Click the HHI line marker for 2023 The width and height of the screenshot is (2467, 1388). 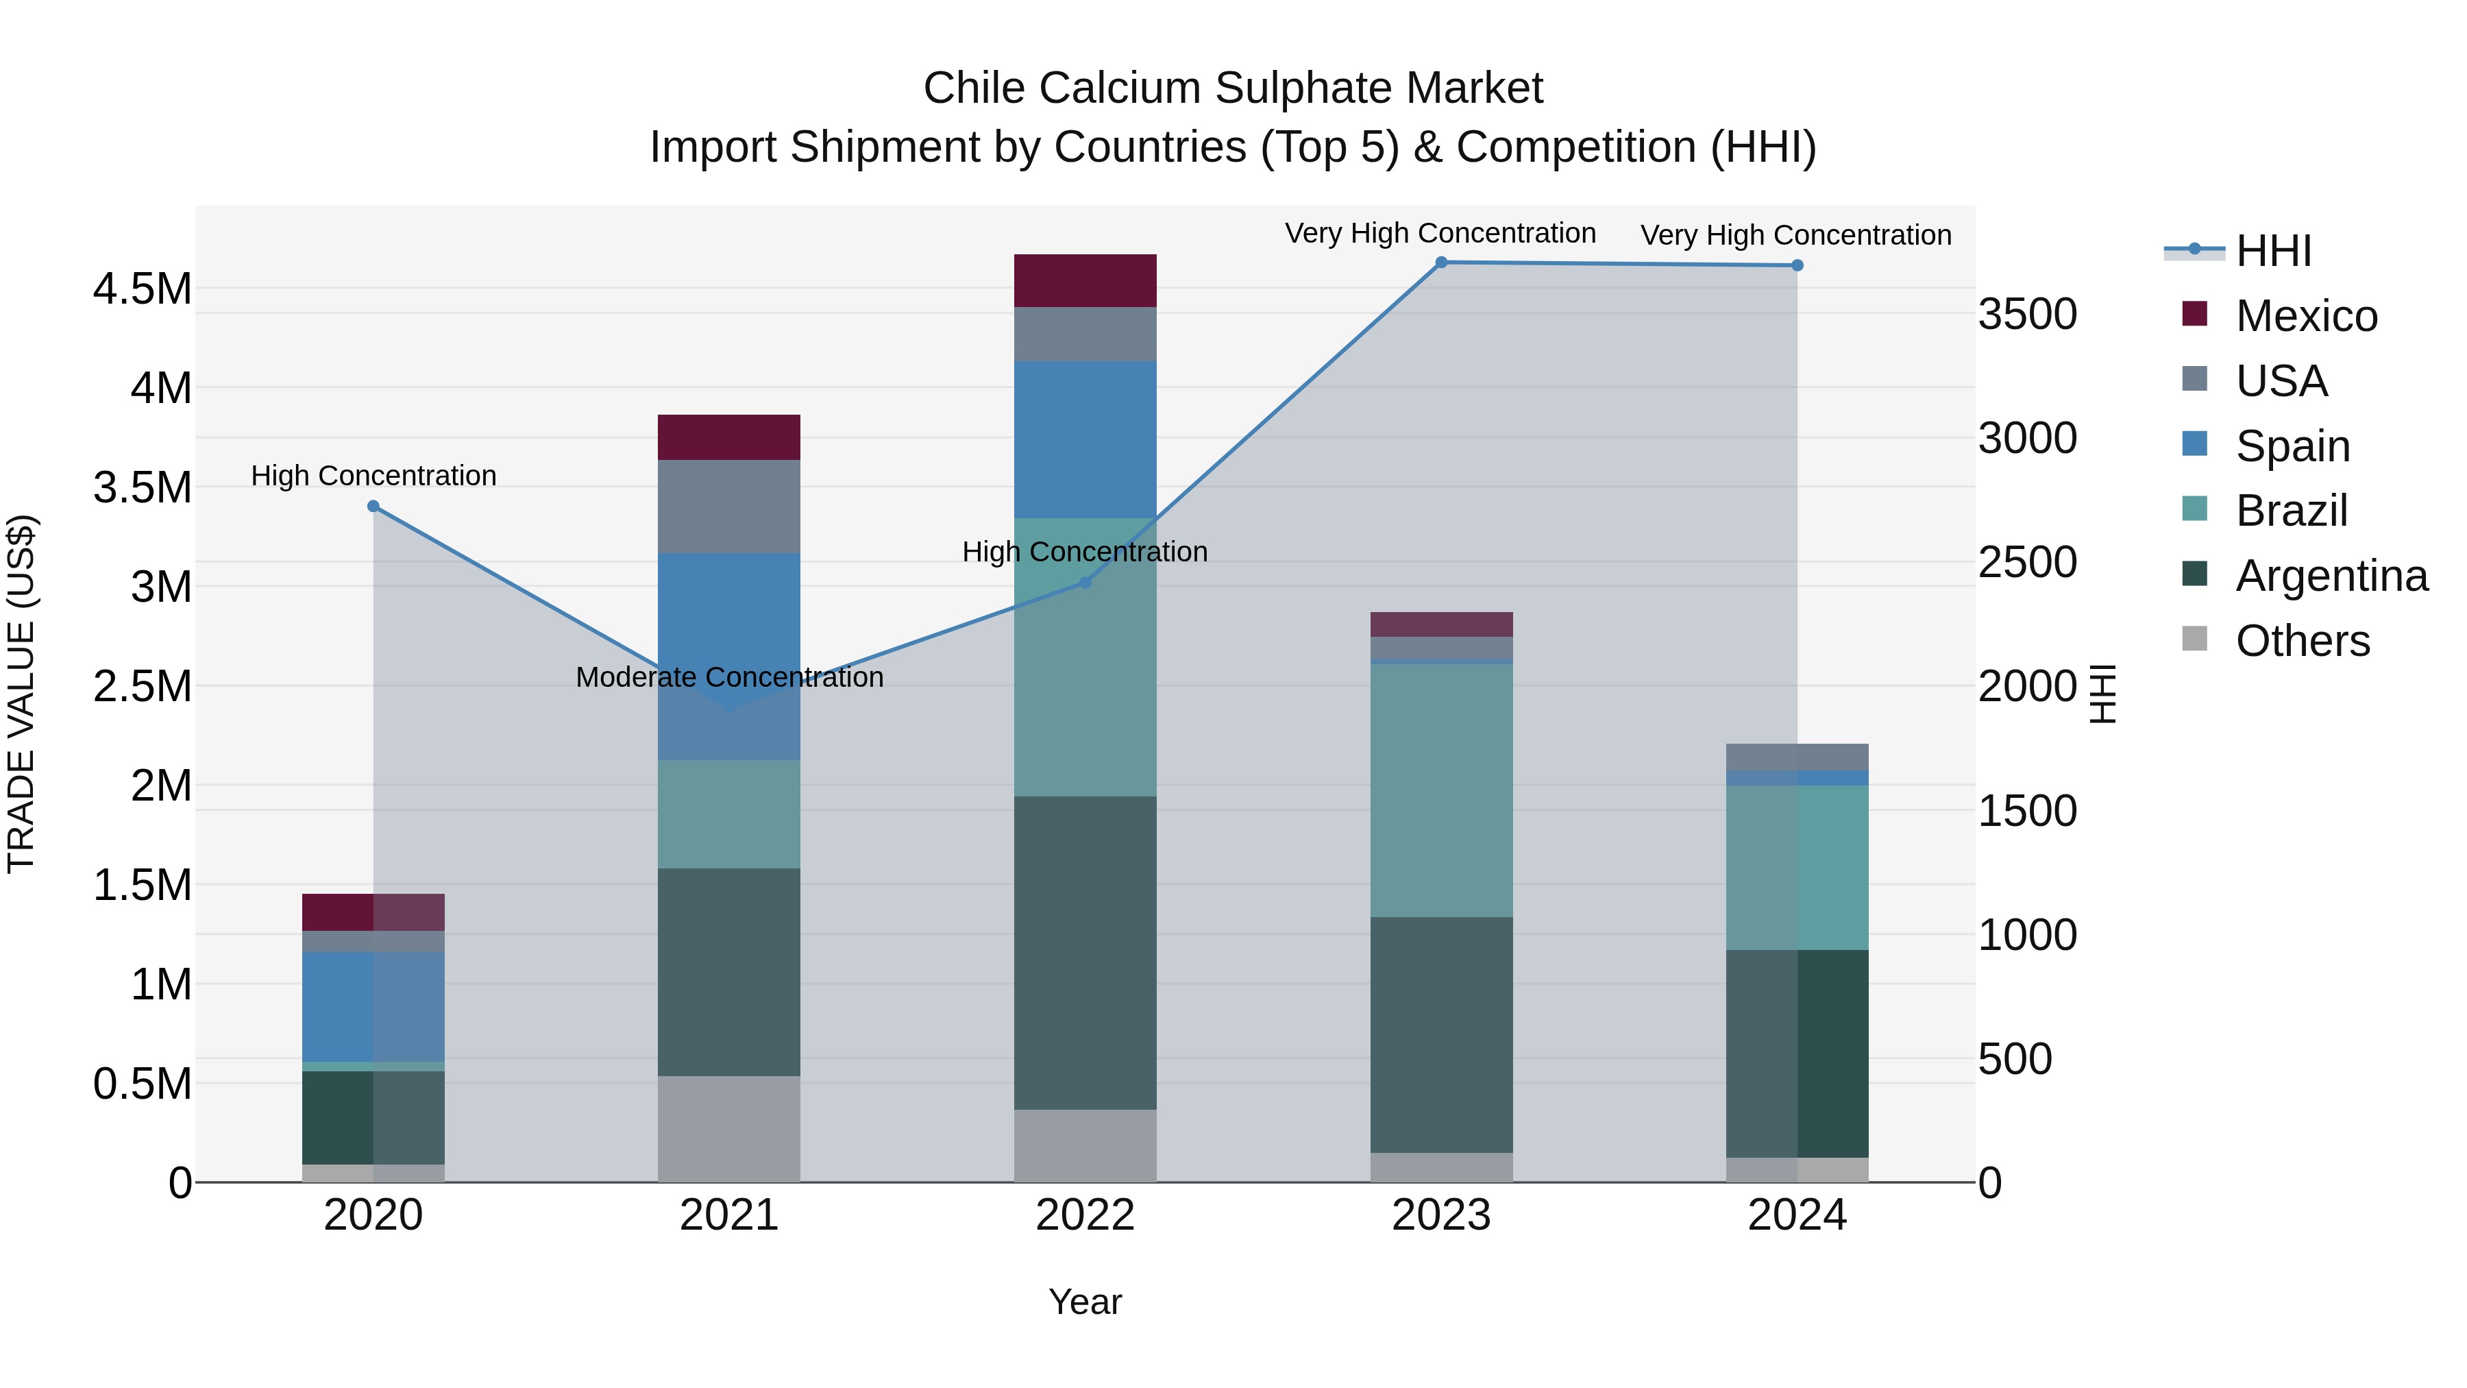tap(1441, 263)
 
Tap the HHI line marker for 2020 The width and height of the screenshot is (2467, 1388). tap(373, 507)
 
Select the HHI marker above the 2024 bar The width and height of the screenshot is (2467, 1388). tap(1797, 265)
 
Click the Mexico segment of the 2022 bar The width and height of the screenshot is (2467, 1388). tap(1085, 280)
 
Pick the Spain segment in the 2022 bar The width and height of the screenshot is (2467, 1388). tap(1085, 439)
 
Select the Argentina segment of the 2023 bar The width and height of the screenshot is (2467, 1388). tap(1441, 1034)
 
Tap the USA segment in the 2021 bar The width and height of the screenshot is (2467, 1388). tap(729, 507)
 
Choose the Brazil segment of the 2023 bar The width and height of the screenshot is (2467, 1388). tap(1441, 790)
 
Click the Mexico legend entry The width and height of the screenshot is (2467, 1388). tap(2306, 316)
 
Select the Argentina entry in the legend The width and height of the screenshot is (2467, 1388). tap(2331, 576)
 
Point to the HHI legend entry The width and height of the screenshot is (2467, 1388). tap(2272, 251)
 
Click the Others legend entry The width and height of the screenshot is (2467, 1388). tap(2303, 641)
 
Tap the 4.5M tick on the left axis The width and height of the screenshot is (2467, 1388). tap(143, 289)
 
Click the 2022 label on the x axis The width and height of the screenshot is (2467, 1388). tap(1085, 1215)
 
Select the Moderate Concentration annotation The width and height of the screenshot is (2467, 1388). tap(729, 677)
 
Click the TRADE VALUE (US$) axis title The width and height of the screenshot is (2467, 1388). tap(21, 694)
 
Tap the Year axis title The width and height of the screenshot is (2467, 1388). tap(1085, 1302)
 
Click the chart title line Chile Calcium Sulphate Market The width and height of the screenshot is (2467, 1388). tap(1233, 88)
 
